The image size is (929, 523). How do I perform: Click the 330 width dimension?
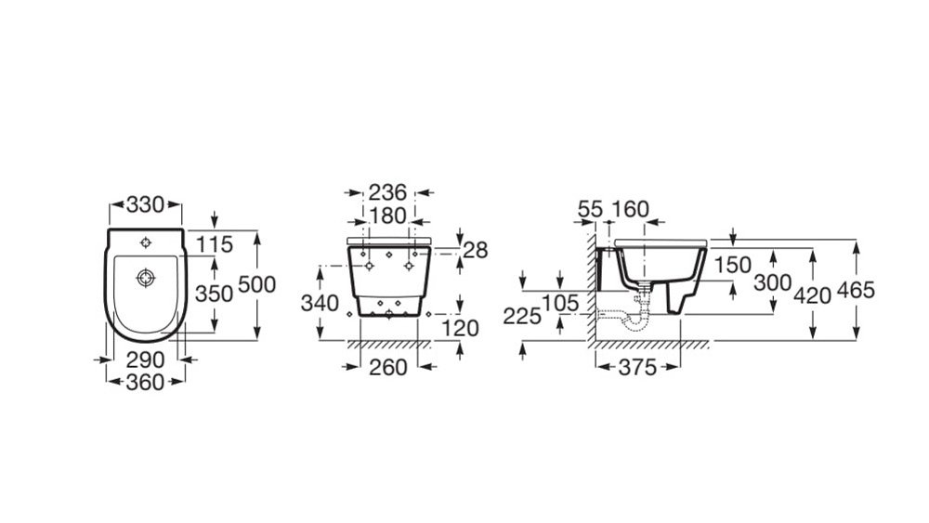[145, 205]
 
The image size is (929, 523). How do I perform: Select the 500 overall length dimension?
[257, 285]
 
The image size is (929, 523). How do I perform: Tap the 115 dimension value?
[215, 244]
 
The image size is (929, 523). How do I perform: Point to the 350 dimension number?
[215, 294]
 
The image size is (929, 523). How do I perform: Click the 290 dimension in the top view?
[145, 360]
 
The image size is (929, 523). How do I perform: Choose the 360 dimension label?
[145, 383]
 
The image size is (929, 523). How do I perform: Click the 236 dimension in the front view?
[388, 192]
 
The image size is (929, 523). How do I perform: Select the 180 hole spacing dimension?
[387, 216]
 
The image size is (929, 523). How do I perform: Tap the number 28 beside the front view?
[476, 250]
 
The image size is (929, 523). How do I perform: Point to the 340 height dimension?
[320, 303]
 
